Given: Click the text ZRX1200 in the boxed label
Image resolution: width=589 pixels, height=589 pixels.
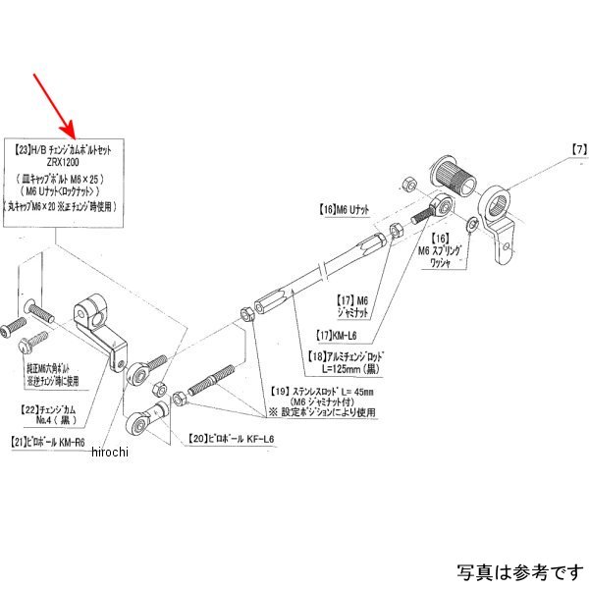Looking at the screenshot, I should [x=65, y=165].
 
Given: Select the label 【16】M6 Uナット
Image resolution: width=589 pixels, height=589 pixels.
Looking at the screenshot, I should [x=341, y=210].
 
